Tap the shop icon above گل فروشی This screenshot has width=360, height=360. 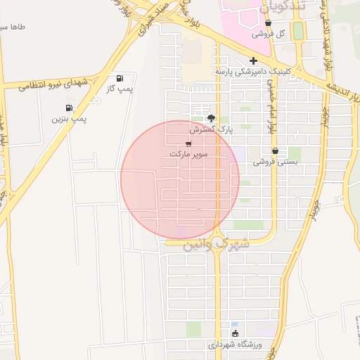coord(269,23)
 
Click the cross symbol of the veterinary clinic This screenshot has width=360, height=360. coord(253,60)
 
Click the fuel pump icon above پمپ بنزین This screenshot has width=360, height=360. coord(69,108)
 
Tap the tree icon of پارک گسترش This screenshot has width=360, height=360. coord(212,118)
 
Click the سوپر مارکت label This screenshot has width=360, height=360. coord(188,153)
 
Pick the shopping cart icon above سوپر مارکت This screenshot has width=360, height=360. coord(188,143)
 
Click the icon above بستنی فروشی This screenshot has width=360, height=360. coord(275,150)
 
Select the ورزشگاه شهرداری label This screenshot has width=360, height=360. coord(235,345)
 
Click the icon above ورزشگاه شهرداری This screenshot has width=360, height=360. coord(235,333)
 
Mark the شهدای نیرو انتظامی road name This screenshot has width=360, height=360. coord(54,84)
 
